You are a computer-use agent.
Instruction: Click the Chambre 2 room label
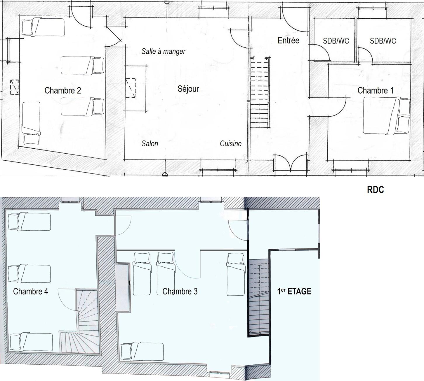63,90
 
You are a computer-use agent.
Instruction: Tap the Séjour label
188,89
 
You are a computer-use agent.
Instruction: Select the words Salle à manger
164,51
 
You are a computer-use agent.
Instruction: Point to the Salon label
150,143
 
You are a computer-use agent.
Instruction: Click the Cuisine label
231,143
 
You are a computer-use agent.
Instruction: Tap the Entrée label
288,40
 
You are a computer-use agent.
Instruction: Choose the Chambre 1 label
376,90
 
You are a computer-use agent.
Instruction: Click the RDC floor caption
376,190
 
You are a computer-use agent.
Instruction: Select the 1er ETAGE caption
294,291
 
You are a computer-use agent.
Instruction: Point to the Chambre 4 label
31,291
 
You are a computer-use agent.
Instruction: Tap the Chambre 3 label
180,291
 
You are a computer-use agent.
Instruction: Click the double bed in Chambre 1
387,116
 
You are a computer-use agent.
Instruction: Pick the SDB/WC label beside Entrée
336,41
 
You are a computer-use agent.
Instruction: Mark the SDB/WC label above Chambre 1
383,41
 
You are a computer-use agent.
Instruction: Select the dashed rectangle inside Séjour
131,88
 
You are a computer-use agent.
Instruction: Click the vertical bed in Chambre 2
31,123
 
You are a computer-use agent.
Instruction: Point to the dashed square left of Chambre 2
15,87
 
